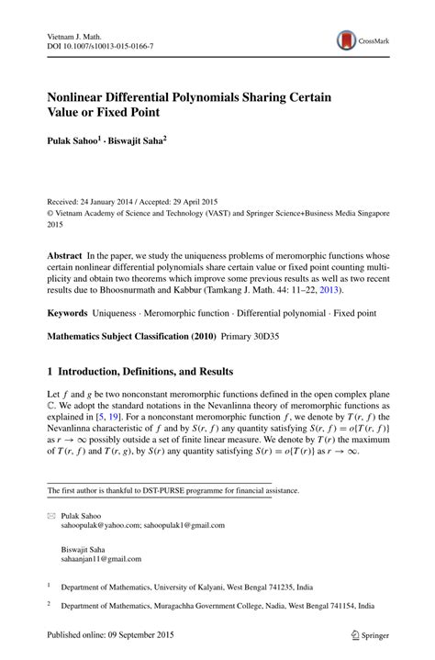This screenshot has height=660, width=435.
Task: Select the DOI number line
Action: (101, 45)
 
